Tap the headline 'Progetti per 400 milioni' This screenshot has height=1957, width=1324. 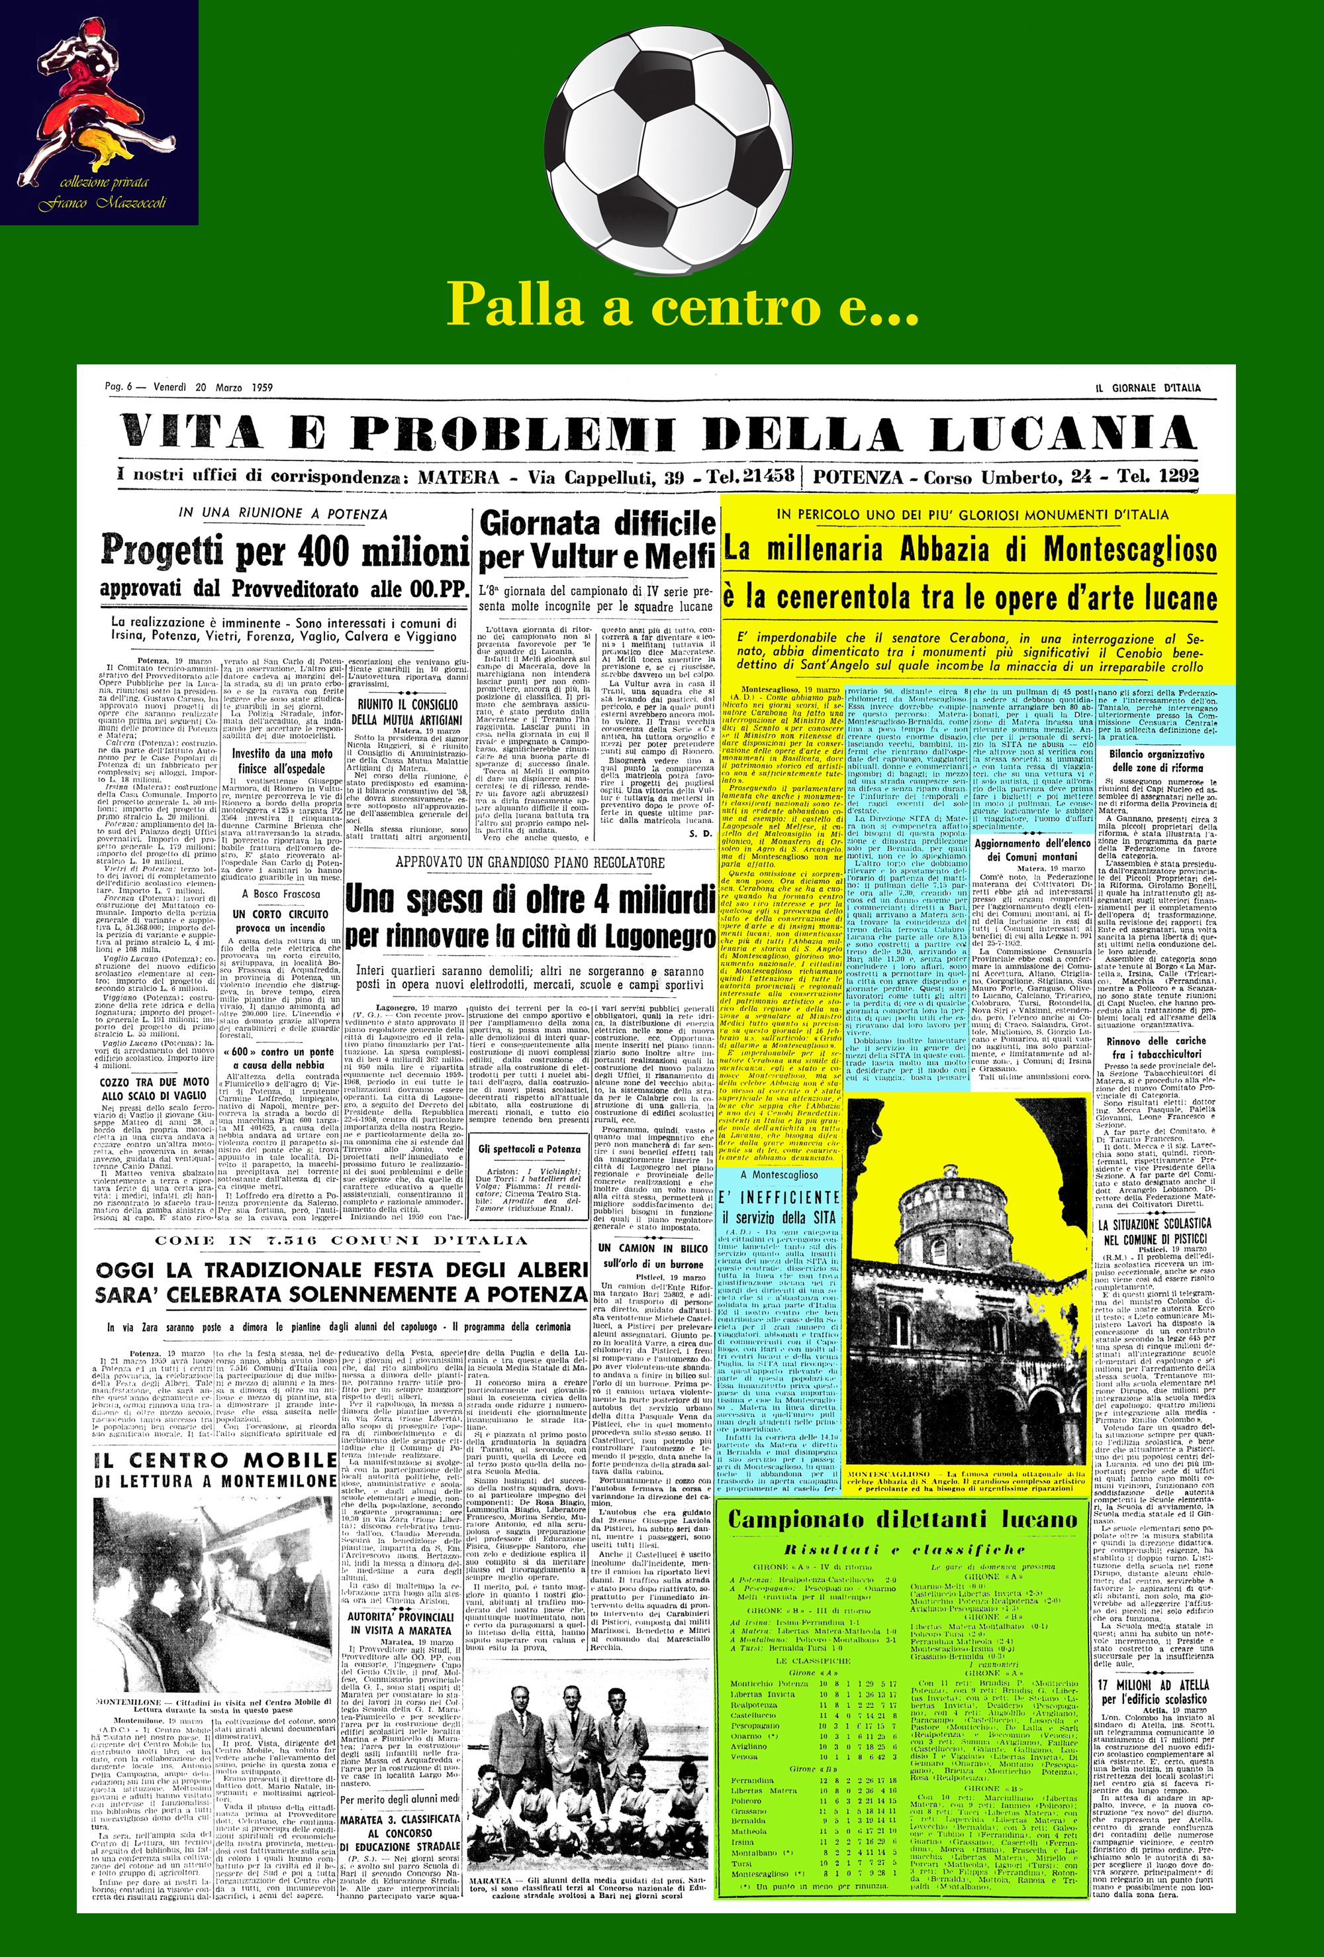[x=285, y=552]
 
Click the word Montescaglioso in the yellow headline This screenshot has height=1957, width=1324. [x=1129, y=550]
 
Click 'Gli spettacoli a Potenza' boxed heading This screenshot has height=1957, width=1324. [x=530, y=1149]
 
